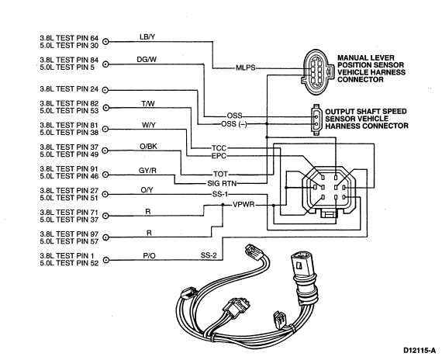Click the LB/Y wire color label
pos(147,36)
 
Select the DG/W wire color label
pos(147,60)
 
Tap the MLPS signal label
pos(246,67)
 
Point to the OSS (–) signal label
pos(234,124)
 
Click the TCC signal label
pos(219,148)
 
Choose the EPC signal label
pos(219,156)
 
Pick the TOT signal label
pos(220,174)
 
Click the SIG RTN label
pos(222,183)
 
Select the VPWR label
pos(243,205)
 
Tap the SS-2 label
pos(209,255)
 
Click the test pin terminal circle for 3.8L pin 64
pos(105,42)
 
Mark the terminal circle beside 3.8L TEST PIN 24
pos(105,90)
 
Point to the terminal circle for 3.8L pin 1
pos(105,260)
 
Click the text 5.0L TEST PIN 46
pos(69,176)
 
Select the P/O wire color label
pos(149,255)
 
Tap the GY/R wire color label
pos(147,171)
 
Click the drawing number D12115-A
pos(420,351)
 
